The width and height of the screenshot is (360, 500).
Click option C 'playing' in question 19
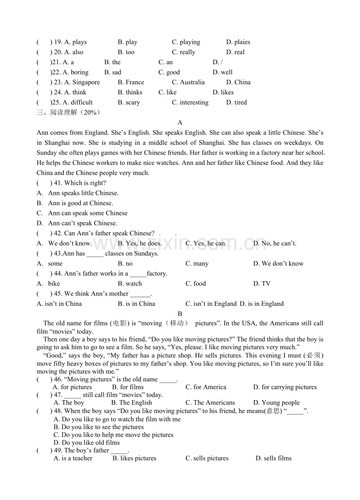(186, 42)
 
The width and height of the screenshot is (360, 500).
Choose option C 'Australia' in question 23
(188, 83)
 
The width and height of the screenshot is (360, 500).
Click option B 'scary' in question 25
(129, 103)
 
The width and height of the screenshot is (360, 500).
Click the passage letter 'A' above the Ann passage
(180, 123)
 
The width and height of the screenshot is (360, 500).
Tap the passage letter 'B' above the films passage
(180, 314)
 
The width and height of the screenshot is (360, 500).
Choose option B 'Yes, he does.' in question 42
(140, 244)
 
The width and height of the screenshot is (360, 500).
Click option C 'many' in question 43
(197, 264)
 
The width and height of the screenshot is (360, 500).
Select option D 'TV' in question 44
(262, 284)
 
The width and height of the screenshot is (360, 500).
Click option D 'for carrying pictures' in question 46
(285, 387)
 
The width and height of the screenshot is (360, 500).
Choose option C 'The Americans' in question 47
(210, 403)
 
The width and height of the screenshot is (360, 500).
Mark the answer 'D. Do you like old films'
(86, 443)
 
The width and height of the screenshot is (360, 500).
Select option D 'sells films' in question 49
(274, 458)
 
